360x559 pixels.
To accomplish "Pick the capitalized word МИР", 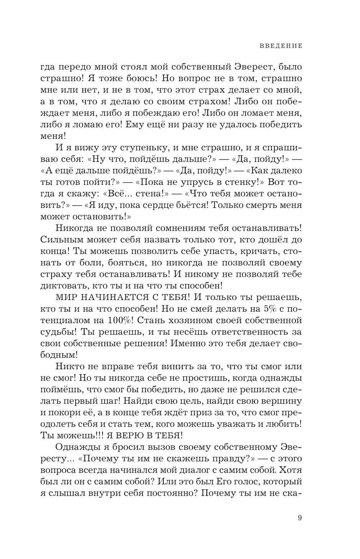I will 67,297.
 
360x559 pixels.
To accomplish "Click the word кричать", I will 254,251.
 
